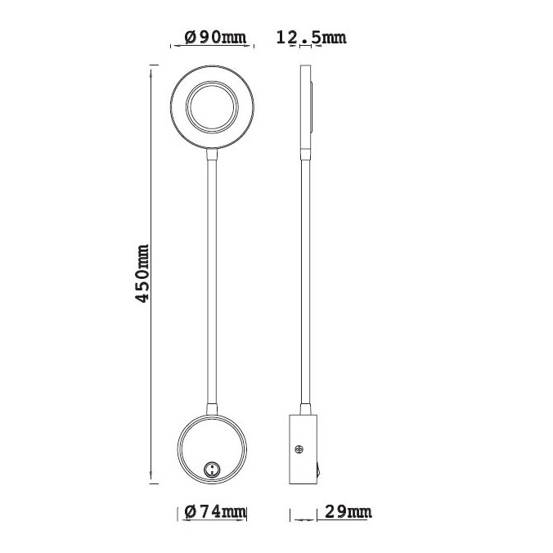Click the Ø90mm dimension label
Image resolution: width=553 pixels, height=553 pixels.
click(x=212, y=37)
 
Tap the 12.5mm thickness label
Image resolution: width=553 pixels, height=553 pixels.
click(x=312, y=37)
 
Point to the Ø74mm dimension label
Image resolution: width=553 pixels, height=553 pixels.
click(x=212, y=513)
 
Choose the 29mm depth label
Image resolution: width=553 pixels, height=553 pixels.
click(x=348, y=513)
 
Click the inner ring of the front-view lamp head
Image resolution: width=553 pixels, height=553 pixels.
click(x=212, y=108)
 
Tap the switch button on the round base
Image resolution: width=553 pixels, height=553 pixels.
click(x=211, y=469)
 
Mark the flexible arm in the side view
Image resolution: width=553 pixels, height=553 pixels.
click(x=308, y=278)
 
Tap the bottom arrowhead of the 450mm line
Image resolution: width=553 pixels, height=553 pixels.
click(x=152, y=480)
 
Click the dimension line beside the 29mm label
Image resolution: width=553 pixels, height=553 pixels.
click(x=303, y=516)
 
